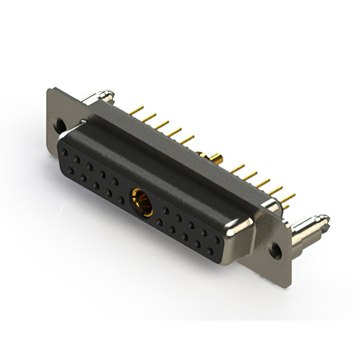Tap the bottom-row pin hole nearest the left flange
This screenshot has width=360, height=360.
pyautogui.click(x=71, y=170)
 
